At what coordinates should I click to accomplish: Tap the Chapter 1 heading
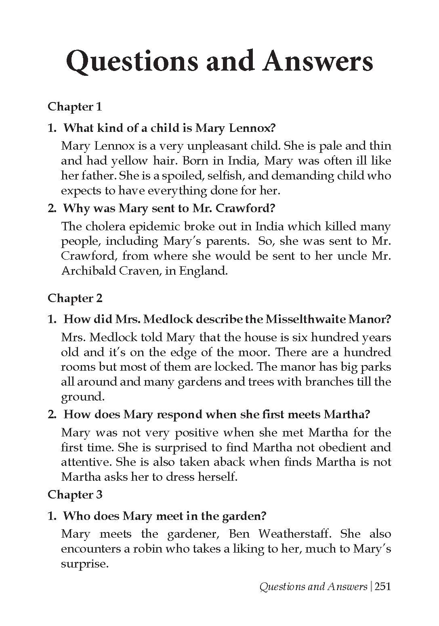pos(75,107)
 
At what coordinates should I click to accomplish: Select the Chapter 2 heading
pos(75,298)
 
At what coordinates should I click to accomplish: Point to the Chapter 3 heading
pos(75,495)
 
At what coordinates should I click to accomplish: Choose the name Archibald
pos(88,271)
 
